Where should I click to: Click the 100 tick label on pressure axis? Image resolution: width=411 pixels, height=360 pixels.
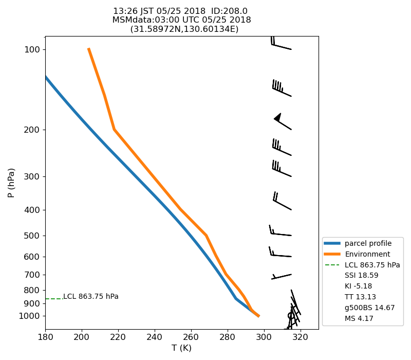tap(32, 49)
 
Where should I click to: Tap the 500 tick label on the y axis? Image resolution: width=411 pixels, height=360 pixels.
tap(32, 236)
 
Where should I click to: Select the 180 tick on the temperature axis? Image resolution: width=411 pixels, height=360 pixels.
tap(45, 337)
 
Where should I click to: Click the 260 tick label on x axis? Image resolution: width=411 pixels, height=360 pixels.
tap(191, 337)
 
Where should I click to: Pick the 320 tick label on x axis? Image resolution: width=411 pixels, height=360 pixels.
tap(300, 337)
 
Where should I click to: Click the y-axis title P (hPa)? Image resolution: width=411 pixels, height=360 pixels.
tap(11, 183)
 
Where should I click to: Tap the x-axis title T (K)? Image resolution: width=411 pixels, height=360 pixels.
tap(181, 348)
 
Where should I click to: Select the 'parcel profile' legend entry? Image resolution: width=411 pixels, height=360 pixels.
tap(368, 243)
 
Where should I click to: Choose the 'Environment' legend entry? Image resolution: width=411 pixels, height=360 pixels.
tap(367, 254)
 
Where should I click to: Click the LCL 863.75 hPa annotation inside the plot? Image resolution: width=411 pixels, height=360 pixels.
tap(91, 297)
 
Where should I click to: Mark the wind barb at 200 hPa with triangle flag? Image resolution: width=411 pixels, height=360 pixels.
tap(283, 122)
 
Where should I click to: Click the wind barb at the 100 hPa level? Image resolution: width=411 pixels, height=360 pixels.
tap(281, 45)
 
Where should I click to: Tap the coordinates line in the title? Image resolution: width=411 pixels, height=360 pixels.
tap(184, 29)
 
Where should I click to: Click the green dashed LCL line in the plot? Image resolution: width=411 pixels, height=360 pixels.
tap(53, 299)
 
